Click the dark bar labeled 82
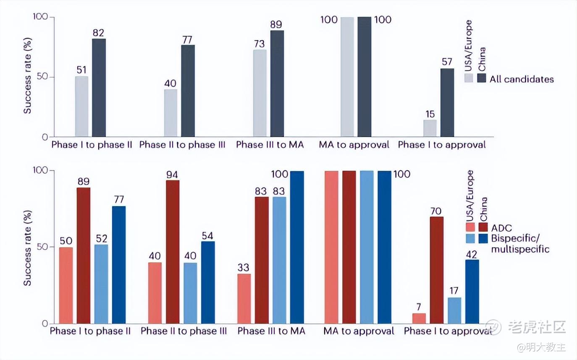(x=99, y=88)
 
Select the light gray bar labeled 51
(x=81, y=107)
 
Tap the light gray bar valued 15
(x=430, y=128)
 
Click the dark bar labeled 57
(x=447, y=103)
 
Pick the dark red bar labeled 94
(x=173, y=252)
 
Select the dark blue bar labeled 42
(x=472, y=292)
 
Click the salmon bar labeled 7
(x=419, y=318)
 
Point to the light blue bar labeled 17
(x=454, y=310)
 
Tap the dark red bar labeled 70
(x=437, y=270)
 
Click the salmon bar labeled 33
(x=244, y=299)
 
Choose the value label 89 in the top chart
(x=276, y=24)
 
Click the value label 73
(x=259, y=44)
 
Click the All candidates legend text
(x=522, y=79)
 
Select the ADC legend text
(x=501, y=228)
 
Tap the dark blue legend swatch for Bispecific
(x=483, y=239)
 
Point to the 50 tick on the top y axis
(x=42, y=77)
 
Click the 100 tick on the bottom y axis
(x=40, y=170)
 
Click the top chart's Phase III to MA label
(x=270, y=145)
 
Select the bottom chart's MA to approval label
(x=359, y=331)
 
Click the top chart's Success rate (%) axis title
(x=28, y=76)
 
